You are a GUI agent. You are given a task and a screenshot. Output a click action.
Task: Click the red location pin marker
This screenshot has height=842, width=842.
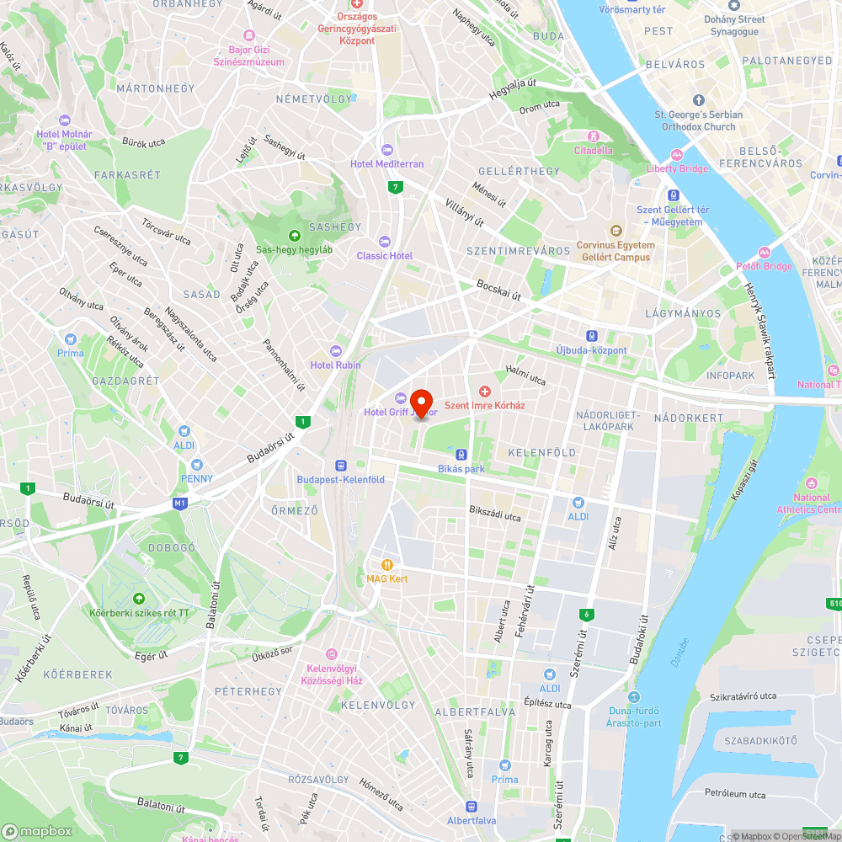coord(420,402)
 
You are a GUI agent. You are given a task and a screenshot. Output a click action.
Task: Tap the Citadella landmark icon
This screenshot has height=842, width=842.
coord(594,136)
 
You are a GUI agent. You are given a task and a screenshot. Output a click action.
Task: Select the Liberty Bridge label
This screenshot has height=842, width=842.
coord(677,168)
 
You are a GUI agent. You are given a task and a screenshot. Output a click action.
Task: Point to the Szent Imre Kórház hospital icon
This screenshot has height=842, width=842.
coord(484,391)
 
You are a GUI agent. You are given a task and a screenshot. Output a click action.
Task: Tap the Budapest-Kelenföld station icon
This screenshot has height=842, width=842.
coord(341,465)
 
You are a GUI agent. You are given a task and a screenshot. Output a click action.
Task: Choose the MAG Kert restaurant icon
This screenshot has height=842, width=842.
coord(387,565)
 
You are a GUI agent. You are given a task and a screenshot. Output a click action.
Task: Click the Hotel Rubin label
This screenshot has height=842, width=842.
coord(335,365)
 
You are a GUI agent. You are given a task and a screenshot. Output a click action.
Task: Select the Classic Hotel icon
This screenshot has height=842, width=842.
coord(386,242)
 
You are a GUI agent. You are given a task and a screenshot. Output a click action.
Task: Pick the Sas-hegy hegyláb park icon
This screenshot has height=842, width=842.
coord(295,236)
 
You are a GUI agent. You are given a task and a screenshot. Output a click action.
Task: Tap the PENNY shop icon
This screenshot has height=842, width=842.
coord(196,465)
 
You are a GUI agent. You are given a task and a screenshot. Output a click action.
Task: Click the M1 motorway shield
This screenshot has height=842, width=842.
coord(179,504)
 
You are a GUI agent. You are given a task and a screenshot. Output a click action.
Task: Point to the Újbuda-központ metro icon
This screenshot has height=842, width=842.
coord(592,335)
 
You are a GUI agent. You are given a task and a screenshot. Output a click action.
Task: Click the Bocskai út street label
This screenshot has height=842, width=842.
coord(499,290)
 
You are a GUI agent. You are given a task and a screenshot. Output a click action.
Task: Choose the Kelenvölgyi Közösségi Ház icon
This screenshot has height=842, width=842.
coord(332,654)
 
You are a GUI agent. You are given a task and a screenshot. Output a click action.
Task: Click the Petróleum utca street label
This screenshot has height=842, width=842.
coord(735,794)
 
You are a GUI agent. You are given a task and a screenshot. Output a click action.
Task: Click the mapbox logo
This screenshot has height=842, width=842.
coord(37,831)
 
